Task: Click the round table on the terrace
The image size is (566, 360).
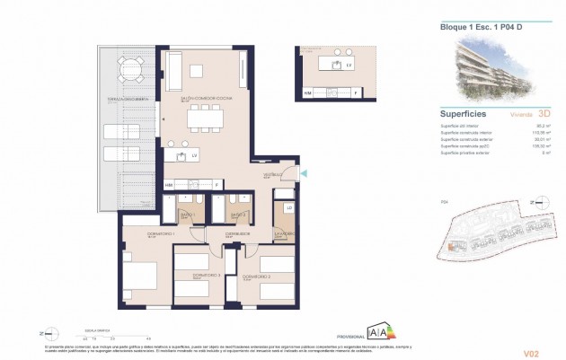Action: [131, 67]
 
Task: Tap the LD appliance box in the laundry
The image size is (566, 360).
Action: [289, 207]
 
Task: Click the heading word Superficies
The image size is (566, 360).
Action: [464, 114]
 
